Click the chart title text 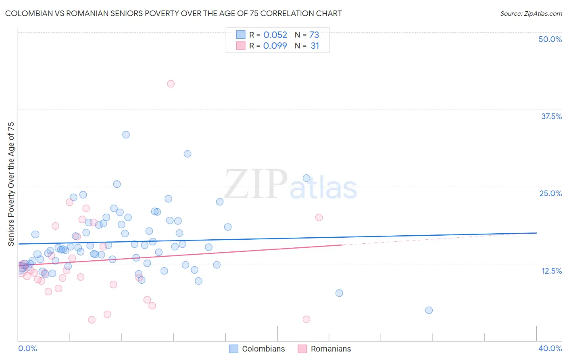click(x=173, y=14)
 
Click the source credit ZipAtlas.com click(x=531, y=14)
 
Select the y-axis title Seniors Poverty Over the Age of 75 click(x=11, y=184)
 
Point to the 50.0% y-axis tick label click(x=550, y=39)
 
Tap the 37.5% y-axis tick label click(x=551, y=116)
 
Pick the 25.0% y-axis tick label click(x=550, y=193)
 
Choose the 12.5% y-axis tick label click(x=551, y=271)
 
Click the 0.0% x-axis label click(x=27, y=348)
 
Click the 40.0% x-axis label click(x=550, y=348)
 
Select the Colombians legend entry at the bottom click(x=257, y=349)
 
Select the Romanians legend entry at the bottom click(x=325, y=349)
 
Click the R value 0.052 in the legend click(x=275, y=35)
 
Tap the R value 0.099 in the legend click(x=275, y=46)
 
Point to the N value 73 click(x=314, y=35)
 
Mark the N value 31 click(x=315, y=46)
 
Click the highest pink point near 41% click(x=171, y=84)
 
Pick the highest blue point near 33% click(x=126, y=135)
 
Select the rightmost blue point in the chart click(x=429, y=310)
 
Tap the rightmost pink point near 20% click(x=319, y=218)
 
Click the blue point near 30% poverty click(x=187, y=154)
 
